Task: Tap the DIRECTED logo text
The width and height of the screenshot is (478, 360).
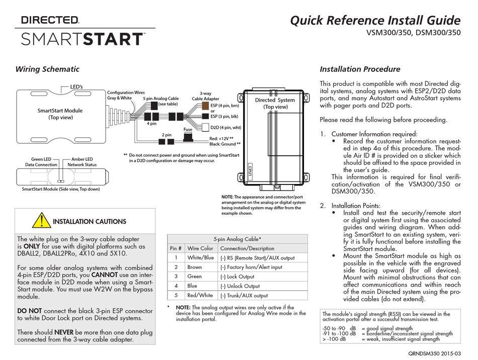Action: click(50, 21)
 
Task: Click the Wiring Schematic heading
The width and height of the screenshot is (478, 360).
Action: click(47, 69)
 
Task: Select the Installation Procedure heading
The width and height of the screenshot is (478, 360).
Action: click(360, 69)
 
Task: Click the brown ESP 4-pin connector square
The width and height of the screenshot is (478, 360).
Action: click(205, 106)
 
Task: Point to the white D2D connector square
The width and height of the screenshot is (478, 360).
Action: click(206, 127)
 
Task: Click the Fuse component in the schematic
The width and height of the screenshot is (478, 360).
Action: click(188, 137)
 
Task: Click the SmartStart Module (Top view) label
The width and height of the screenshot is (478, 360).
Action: click(60, 114)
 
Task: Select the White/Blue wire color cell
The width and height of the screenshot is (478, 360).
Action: click(200, 257)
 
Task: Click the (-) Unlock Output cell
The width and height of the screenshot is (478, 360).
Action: click(240, 286)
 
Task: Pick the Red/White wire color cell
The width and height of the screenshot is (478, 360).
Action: click(200, 296)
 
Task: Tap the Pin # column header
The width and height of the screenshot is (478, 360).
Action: click(176, 248)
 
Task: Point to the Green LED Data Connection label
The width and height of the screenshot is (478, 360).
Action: click(41, 162)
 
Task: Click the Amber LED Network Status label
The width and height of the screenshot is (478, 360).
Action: click(82, 162)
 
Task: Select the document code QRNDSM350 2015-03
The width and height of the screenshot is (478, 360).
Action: click(434, 353)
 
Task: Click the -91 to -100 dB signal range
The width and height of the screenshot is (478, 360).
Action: click(339, 333)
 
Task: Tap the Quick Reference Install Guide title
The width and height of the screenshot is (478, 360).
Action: click(375, 21)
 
